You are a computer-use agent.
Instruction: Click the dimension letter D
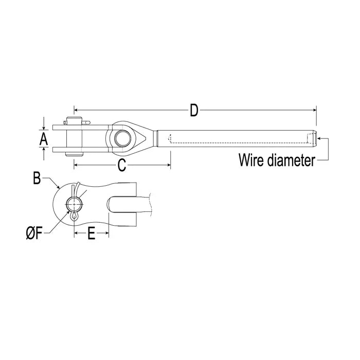click(194, 110)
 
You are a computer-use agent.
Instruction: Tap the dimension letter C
click(122, 165)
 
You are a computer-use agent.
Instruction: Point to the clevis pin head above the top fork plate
click(76, 122)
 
